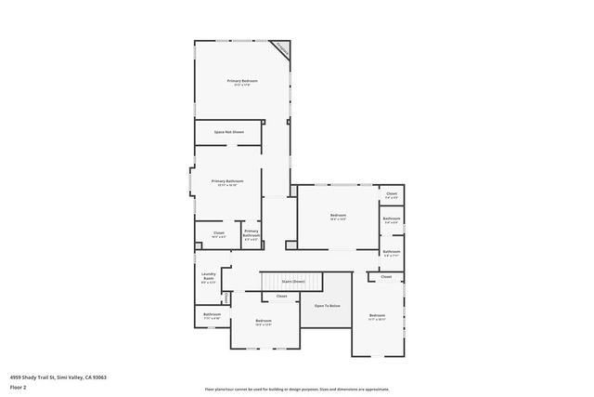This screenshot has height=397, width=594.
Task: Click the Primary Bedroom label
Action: click(x=242, y=82)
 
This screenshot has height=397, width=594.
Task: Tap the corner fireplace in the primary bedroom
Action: click(x=280, y=49)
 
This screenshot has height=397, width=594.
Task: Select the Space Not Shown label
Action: click(x=228, y=132)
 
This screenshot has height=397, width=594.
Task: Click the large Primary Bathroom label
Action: click(x=227, y=182)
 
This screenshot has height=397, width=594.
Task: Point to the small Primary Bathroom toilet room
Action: click(x=251, y=236)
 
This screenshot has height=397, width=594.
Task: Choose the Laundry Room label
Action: click(x=209, y=276)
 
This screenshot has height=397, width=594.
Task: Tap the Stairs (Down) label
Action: click(x=293, y=280)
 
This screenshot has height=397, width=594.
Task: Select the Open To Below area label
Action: click(x=327, y=305)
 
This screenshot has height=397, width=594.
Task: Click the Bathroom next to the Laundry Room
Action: click(x=212, y=315)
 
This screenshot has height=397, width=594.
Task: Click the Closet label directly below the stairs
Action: click(x=281, y=297)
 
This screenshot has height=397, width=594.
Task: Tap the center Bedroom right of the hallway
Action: click(x=338, y=217)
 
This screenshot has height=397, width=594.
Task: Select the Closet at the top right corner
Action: click(x=392, y=195)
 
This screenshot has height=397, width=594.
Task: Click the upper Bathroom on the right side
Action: click(x=392, y=220)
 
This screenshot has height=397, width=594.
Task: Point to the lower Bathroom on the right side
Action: click(x=392, y=251)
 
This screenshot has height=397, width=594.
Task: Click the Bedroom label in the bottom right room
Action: click(x=377, y=316)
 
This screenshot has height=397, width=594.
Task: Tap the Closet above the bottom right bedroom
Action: click(x=386, y=277)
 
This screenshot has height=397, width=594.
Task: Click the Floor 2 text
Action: click(x=18, y=386)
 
